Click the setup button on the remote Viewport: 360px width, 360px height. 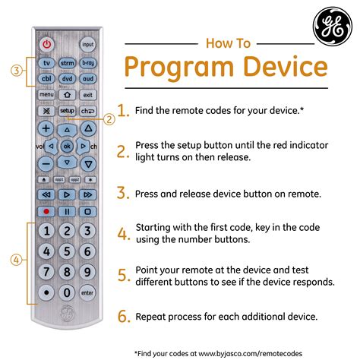pos(67,111)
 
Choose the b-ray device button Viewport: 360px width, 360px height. pos(88,65)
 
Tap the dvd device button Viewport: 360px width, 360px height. pos(67,80)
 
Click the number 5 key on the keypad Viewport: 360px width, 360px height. pos(67,251)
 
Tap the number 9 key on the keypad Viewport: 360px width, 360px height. pos(88,272)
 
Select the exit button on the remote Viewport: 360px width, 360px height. pos(88,95)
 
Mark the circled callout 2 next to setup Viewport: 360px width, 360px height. pos(110,118)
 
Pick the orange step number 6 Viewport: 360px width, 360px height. pos(123,317)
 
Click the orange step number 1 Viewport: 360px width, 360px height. pos(123,111)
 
